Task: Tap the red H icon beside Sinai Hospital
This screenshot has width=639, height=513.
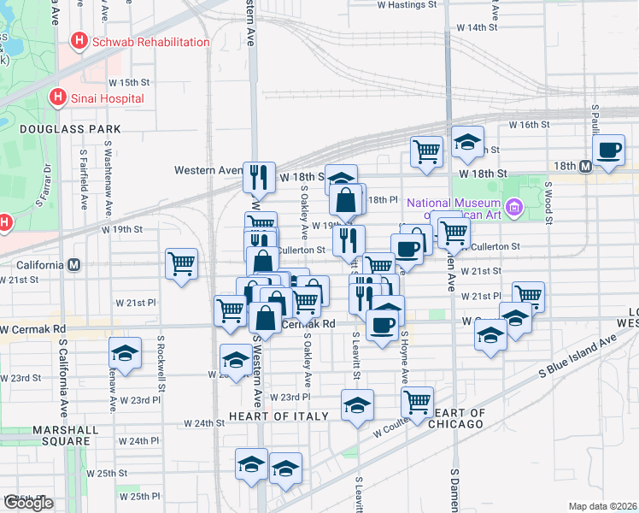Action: pyautogui.click(x=59, y=97)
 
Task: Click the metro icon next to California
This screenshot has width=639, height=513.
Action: pyautogui.click(x=74, y=264)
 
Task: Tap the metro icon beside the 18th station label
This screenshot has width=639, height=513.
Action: pyautogui.click(x=585, y=166)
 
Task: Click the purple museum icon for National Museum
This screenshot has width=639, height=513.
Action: pyautogui.click(x=513, y=206)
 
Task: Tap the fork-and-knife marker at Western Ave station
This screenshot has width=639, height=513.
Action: pyautogui.click(x=259, y=176)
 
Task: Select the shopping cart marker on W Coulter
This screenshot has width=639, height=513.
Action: pyautogui.click(x=417, y=401)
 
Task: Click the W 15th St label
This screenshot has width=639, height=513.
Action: pyautogui.click(x=134, y=83)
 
